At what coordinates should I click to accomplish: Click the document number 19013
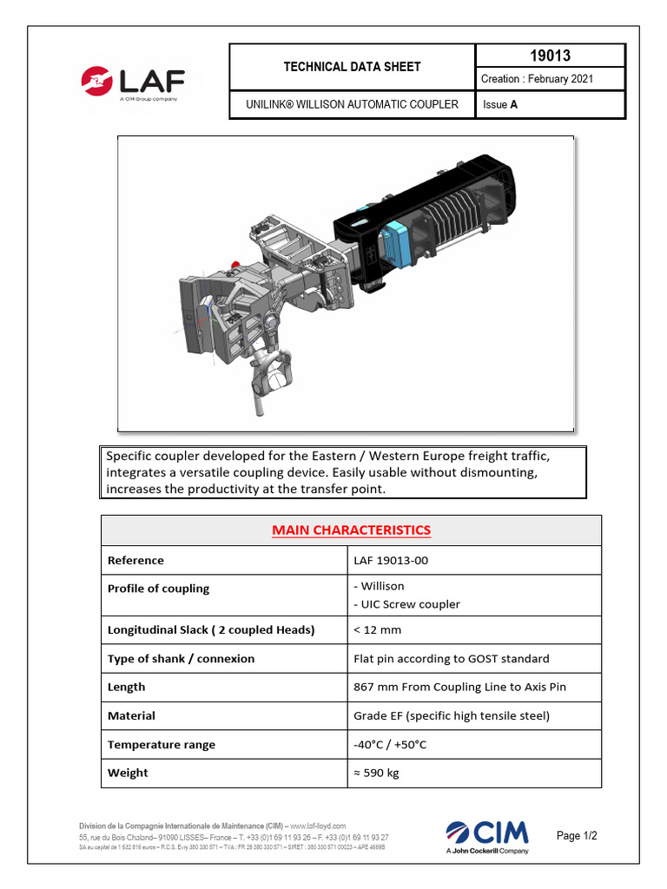pyautogui.click(x=550, y=56)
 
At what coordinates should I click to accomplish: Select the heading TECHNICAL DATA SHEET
pyautogui.click(x=353, y=67)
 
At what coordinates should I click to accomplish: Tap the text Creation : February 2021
pyautogui.click(x=537, y=79)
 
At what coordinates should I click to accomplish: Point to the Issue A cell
pyautogui.click(x=500, y=105)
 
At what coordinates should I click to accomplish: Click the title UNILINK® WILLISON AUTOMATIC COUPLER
pyautogui.click(x=353, y=105)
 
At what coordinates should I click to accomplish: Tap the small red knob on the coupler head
pyautogui.click(x=235, y=261)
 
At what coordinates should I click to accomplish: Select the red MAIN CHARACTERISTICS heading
pyautogui.click(x=351, y=530)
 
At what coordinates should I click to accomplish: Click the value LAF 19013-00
pyautogui.click(x=391, y=560)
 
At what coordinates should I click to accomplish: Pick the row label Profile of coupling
pyautogui.click(x=158, y=589)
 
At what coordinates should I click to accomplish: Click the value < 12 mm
pyautogui.click(x=378, y=629)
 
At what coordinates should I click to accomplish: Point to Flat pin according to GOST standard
pyautogui.click(x=452, y=658)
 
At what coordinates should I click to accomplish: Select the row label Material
pyautogui.click(x=131, y=715)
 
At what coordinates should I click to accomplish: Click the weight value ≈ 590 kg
pyautogui.click(x=377, y=773)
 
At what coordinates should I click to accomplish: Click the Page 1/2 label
pyautogui.click(x=577, y=836)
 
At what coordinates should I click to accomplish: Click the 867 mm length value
pyautogui.click(x=459, y=687)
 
